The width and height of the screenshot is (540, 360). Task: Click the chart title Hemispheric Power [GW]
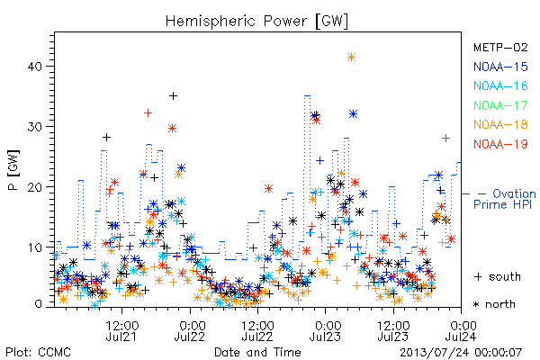click(x=256, y=22)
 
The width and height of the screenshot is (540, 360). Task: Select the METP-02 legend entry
click(x=500, y=47)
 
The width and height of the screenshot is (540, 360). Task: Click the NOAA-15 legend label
click(x=500, y=67)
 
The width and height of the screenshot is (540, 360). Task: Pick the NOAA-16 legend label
click(x=500, y=85)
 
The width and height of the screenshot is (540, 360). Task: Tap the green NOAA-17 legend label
click(x=500, y=105)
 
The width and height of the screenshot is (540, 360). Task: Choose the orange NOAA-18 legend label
click(x=500, y=124)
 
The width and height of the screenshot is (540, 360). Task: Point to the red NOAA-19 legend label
click(x=500, y=144)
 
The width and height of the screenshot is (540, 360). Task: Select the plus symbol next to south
click(x=478, y=276)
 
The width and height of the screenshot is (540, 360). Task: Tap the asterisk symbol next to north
click(x=477, y=304)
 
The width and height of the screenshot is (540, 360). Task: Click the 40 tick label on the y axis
click(x=34, y=66)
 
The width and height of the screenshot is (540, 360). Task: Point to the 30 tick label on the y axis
click(x=34, y=126)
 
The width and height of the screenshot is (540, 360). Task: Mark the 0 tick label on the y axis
click(x=39, y=304)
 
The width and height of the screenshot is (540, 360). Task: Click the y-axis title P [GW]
click(x=13, y=170)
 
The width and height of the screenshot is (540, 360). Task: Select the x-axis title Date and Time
click(x=257, y=352)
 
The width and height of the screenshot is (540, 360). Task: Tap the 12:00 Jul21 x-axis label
click(x=121, y=330)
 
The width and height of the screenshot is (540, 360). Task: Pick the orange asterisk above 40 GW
click(x=351, y=58)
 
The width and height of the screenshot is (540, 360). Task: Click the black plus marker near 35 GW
click(x=173, y=95)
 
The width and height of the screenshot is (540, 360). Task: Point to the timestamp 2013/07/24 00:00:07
click(x=461, y=353)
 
